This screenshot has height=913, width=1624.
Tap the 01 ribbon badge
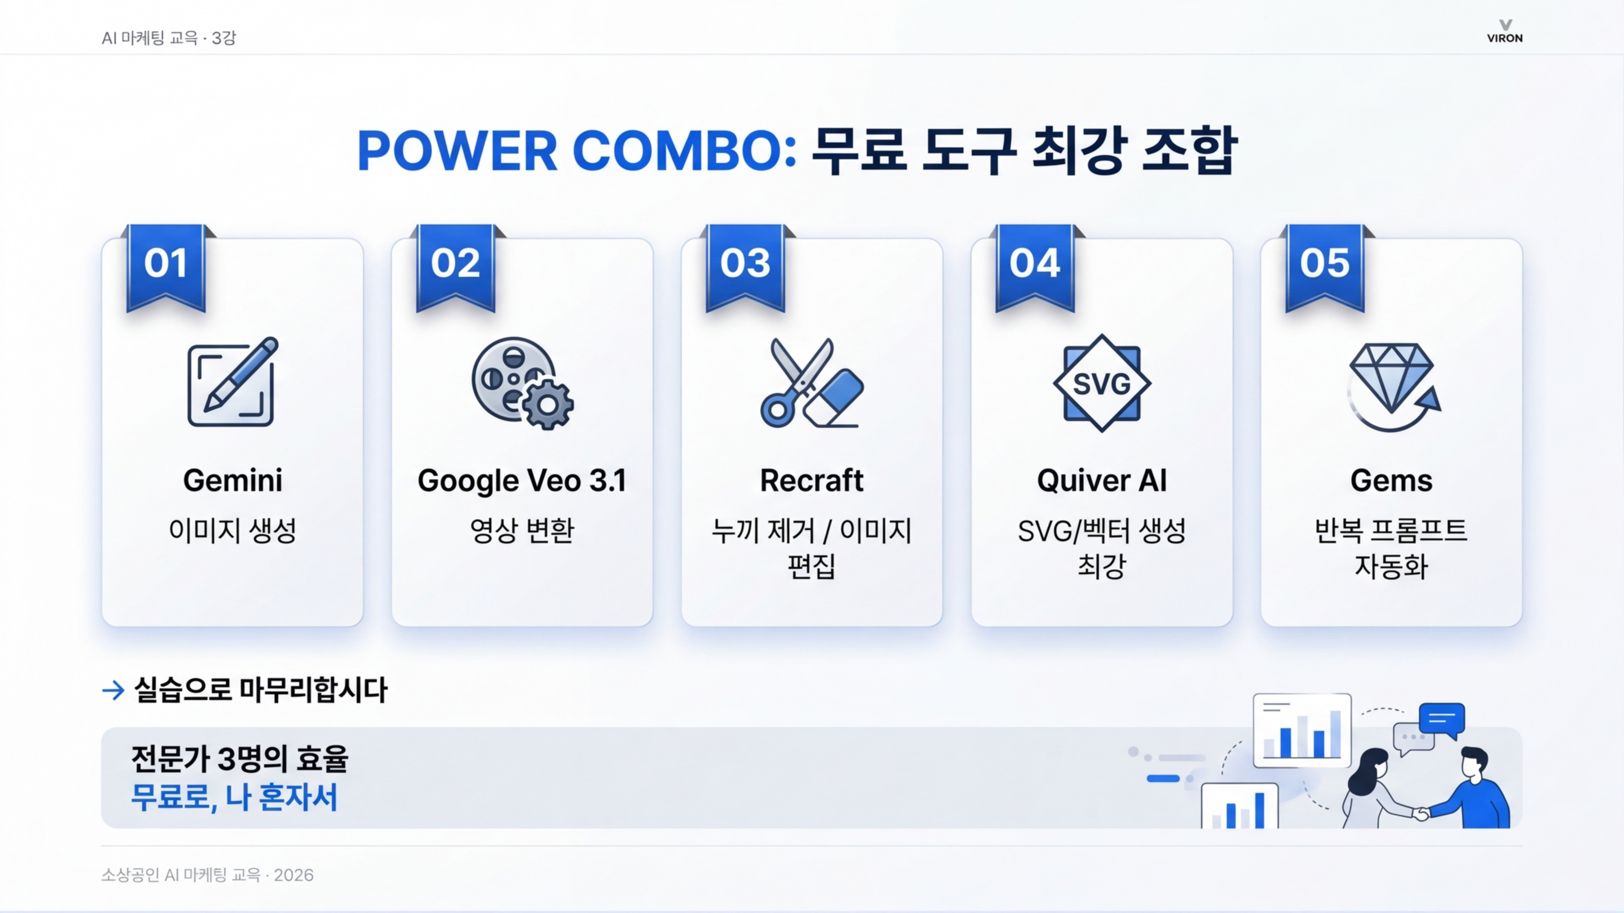pos(166,265)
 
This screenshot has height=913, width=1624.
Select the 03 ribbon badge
pos(745,265)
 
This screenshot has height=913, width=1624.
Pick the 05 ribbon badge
pos(1324,265)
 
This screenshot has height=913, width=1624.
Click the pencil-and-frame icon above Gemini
pos(231,383)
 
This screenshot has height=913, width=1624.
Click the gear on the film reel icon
pos(547,405)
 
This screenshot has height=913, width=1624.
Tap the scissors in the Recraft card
pos(791,381)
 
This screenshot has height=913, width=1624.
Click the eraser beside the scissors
pos(835,397)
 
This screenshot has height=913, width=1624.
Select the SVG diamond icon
pos(1101,383)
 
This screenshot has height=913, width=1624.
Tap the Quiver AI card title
pos(1101,481)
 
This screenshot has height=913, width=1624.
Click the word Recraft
pos(811,481)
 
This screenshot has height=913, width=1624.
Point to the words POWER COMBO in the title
pos(576,151)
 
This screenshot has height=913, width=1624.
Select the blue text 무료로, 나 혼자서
pos(234,797)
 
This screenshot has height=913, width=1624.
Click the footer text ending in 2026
pos(207,875)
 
